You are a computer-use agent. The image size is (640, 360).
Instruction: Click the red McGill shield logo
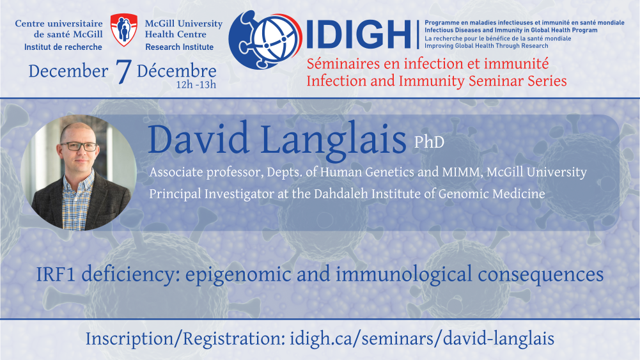pyautogui.click(x=124, y=29)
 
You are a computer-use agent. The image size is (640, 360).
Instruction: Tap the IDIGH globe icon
pyautogui.click(x=265, y=40)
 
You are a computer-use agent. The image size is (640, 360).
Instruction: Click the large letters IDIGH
pyautogui.click(x=359, y=35)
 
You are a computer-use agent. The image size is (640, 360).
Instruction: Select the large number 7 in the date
pyautogui.click(x=123, y=72)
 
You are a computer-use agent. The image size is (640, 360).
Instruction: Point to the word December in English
pyautogui.click(x=68, y=71)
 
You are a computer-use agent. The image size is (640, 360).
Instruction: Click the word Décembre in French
pyautogui.click(x=176, y=71)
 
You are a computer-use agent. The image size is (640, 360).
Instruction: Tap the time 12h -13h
pyautogui.click(x=196, y=85)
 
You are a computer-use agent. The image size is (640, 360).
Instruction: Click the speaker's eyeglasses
pyautogui.click(x=79, y=146)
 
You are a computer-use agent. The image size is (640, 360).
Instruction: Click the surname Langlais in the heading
pyautogui.click(x=333, y=141)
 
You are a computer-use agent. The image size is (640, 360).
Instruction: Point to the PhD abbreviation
pyautogui.click(x=429, y=142)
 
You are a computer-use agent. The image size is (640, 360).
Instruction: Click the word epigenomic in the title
pyautogui.click(x=238, y=274)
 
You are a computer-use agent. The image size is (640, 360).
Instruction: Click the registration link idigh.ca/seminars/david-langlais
pyautogui.click(x=422, y=339)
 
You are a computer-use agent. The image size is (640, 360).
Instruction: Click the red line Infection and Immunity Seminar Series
pyautogui.click(x=436, y=81)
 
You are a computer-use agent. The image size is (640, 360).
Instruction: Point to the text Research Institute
pyautogui.click(x=179, y=47)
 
